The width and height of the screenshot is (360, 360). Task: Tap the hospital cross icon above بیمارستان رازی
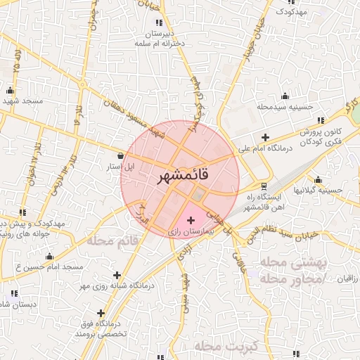191,221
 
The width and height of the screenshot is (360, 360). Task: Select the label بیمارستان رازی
191,231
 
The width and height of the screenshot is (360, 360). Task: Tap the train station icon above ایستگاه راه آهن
264,186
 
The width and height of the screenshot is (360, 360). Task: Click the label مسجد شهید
22,101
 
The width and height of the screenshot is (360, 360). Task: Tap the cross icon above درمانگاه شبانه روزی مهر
116,275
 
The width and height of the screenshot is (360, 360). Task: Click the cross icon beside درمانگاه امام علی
264,137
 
